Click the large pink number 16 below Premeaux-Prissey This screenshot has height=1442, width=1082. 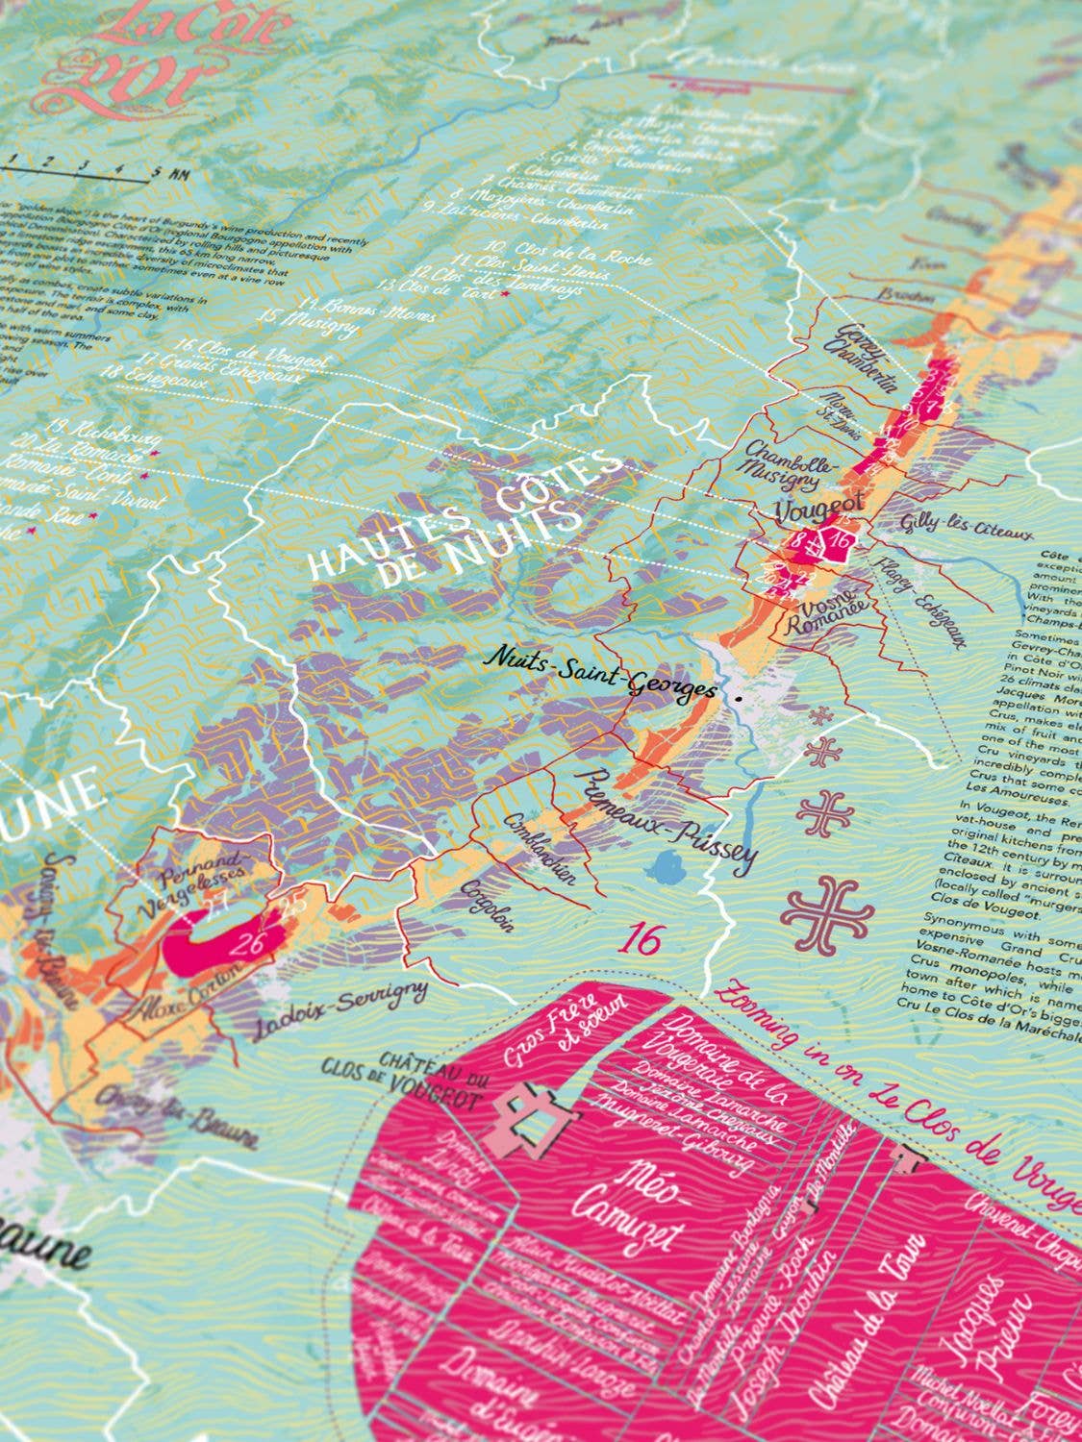[642, 938]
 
